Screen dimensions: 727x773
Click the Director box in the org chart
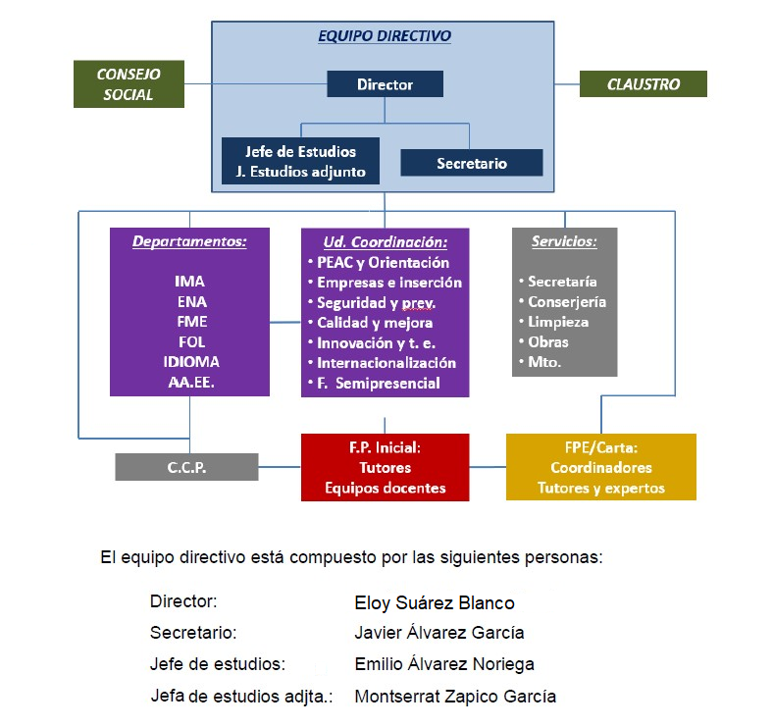(x=385, y=84)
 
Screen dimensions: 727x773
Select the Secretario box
(x=472, y=163)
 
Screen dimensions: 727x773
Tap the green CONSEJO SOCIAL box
(x=129, y=84)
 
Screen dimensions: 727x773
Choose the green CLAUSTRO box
(x=643, y=84)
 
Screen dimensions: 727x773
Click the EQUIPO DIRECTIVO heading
(x=385, y=36)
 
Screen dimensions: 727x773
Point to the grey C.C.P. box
(x=186, y=467)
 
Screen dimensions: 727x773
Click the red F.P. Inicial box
(x=385, y=467)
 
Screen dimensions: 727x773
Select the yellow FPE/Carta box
(x=600, y=467)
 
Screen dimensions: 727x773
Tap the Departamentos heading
(x=189, y=241)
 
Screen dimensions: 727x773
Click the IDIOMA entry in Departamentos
(x=189, y=362)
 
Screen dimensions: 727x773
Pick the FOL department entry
(x=189, y=341)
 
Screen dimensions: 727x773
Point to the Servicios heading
(x=564, y=241)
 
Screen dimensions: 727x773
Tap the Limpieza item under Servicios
(x=557, y=322)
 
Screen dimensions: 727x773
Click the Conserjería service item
(x=566, y=302)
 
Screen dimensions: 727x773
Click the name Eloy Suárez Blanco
(x=434, y=602)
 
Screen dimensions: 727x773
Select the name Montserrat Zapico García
(x=454, y=697)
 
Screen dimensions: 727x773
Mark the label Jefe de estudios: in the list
(x=217, y=664)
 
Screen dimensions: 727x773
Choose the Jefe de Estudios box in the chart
(x=301, y=152)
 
